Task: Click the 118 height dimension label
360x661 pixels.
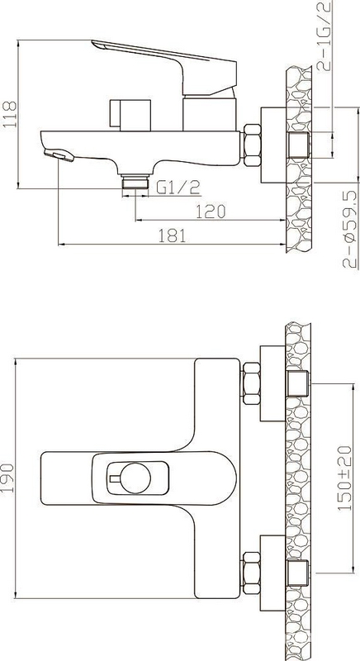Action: pyautogui.click(x=9, y=114)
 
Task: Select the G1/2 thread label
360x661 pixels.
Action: pyautogui.click(x=178, y=188)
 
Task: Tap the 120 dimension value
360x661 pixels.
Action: pyautogui.click(x=211, y=212)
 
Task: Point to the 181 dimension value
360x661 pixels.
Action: pyautogui.click(x=172, y=235)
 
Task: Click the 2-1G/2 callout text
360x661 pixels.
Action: pyautogui.click(x=324, y=36)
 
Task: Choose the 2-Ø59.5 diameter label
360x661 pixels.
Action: pyautogui.click(x=350, y=230)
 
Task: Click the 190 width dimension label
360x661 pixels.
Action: pyautogui.click(x=7, y=478)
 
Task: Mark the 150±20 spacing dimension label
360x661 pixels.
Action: pyautogui.click(x=345, y=478)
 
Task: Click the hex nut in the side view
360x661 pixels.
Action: pyautogui.click(x=252, y=145)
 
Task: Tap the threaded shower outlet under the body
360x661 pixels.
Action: pyautogui.click(x=135, y=181)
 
